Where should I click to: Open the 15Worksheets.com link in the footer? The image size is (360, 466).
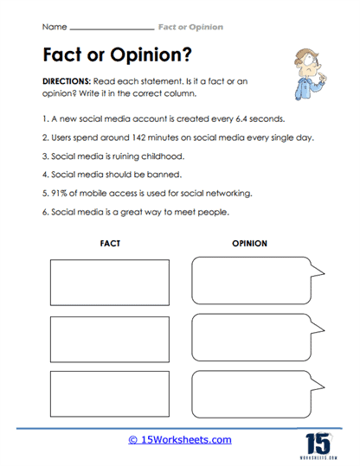pos(179,439)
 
